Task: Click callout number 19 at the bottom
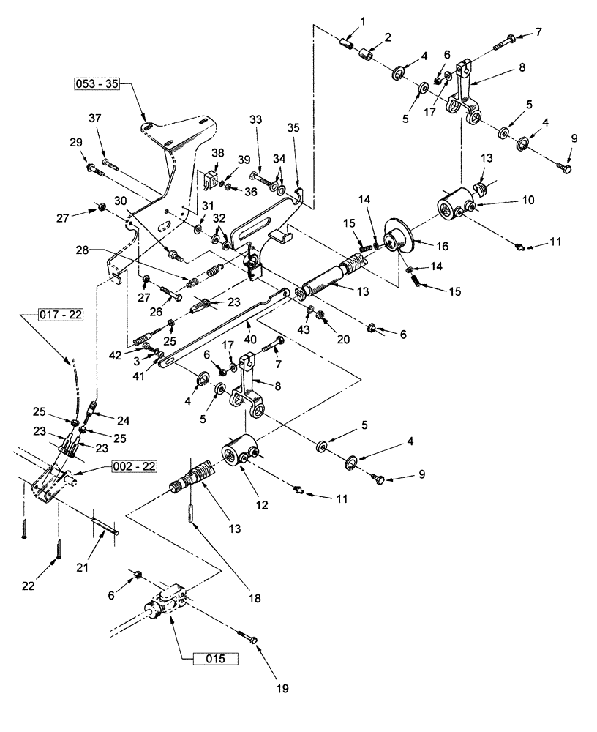(x=282, y=689)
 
